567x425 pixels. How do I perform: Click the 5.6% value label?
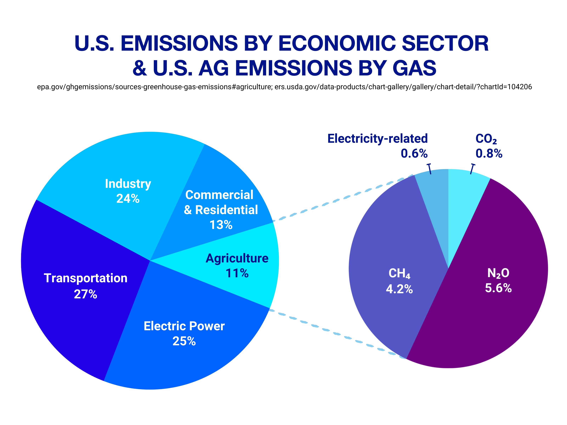[x=498, y=288]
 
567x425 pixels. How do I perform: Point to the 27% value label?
[x=85, y=294]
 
